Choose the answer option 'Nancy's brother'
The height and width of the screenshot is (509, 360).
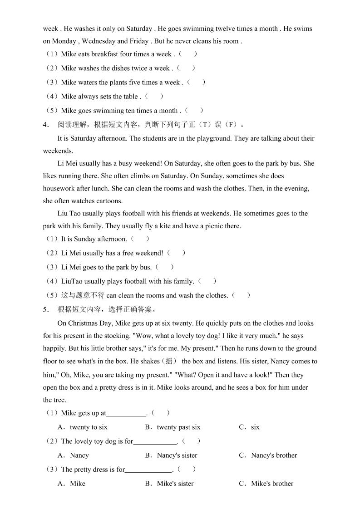[x=274, y=455]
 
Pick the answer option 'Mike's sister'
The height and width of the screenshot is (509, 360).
[x=175, y=483]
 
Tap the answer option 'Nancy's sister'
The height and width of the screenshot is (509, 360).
[x=177, y=455]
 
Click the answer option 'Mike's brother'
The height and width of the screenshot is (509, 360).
[x=272, y=483]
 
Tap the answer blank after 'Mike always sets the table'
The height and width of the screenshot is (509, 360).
[x=155, y=96]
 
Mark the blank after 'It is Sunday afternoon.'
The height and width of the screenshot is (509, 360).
[x=140, y=239]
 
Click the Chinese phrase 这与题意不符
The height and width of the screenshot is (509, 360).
[x=83, y=295]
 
